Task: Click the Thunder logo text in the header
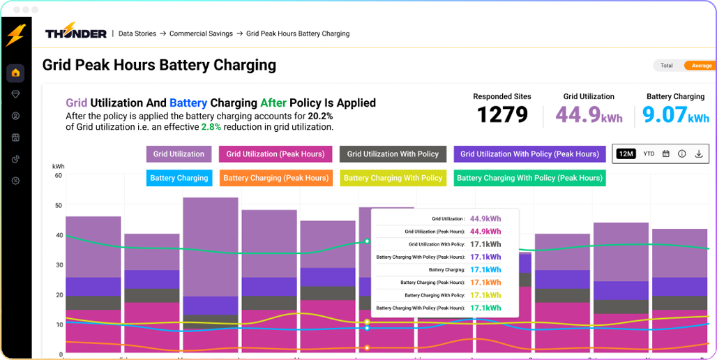tap(76, 33)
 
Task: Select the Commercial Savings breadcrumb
tap(201, 33)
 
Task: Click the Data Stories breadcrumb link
tap(137, 33)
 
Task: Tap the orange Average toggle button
tap(701, 66)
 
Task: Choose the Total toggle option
tap(667, 66)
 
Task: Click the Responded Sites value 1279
tap(502, 114)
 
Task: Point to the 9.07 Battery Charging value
tap(665, 114)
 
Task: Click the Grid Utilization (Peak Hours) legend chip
tap(276, 154)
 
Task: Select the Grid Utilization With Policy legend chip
tap(393, 154)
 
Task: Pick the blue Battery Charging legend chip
tap(179, 178)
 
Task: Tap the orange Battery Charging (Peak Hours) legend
tap(276, 178)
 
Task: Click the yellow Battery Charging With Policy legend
tap(393, 178)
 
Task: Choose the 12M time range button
tap(626, 153)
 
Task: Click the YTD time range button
tap(649, 153)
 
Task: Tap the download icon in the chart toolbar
tap(699, 153)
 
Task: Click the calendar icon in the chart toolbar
tap(665, 153)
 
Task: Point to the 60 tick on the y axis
tap(59, 176)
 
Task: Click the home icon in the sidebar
tap(15, 73)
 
